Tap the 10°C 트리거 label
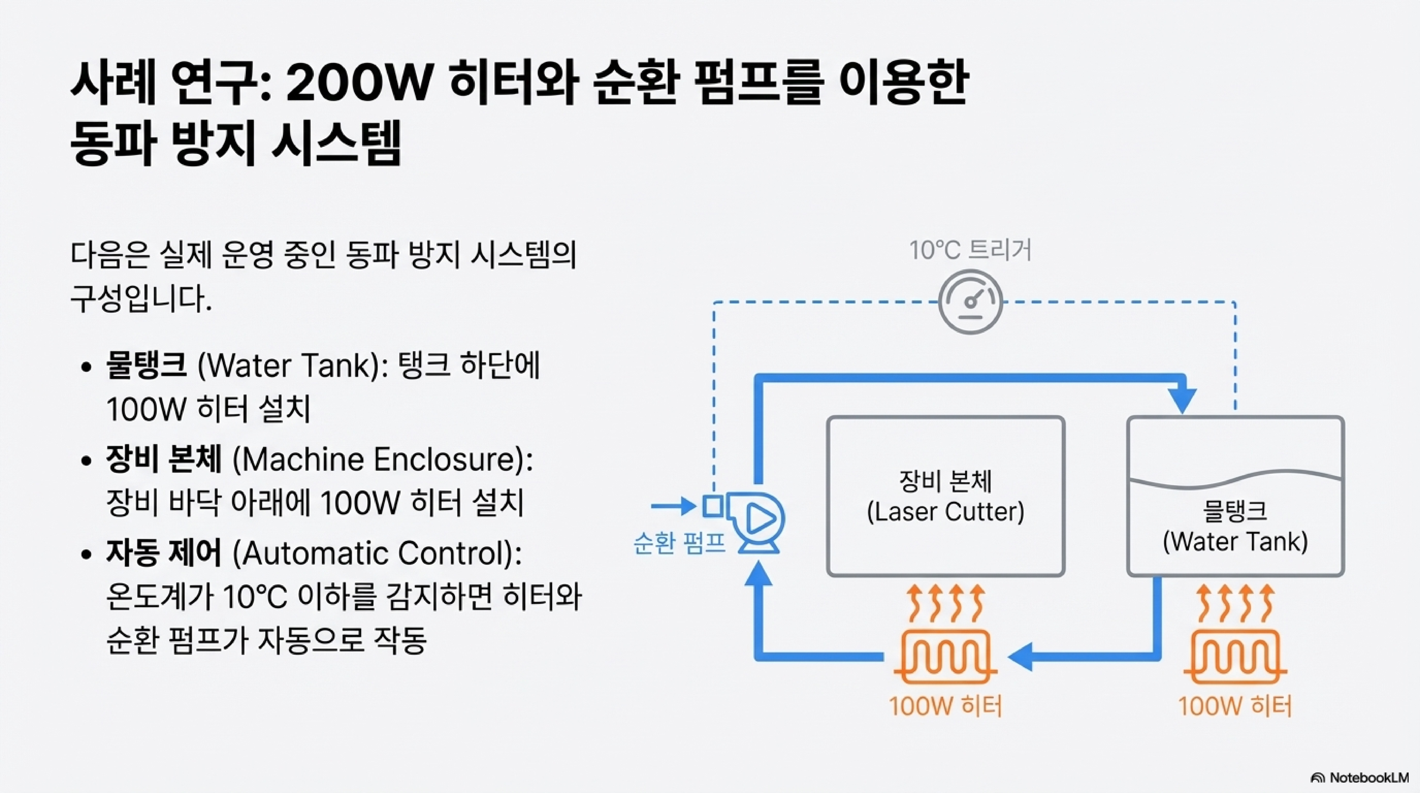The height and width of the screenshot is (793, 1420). pyautogui.click(x=970, y=250)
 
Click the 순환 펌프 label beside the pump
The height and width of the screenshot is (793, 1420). pyautogui.click(x=679, y=543)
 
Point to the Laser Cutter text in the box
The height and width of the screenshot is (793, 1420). pyautogui.click(x=945, y=512)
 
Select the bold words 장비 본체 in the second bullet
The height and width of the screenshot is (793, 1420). pyautogui.click(x=164, y=459)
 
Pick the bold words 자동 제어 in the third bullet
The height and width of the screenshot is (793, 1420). pyautogui.click(x=164, y=553)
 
